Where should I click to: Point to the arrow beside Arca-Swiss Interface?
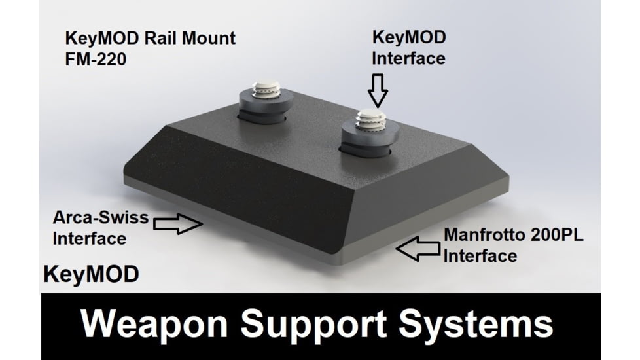pyautogui.click(x=177, y=223)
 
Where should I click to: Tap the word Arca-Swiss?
pyautogui.click(x=100, y=217)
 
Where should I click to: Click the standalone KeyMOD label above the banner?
pyautogui.click(x=91, y=274)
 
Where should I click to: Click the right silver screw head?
pyautogui.click(x=368, y=119)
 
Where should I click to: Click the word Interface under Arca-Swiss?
pyautogui.click(x=90, y=238)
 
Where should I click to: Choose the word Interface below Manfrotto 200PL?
pyautogui.click(x=480, y=255)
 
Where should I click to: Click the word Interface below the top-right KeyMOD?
pyautogui.click(x=408, y=58)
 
